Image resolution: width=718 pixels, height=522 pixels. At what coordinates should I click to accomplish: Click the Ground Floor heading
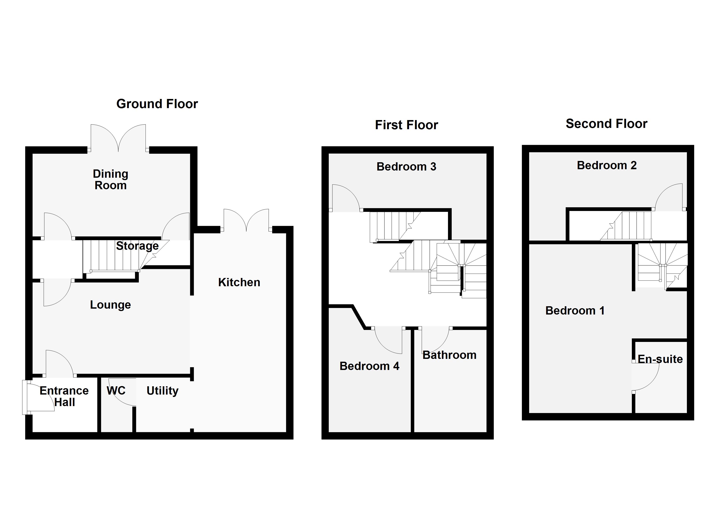coord(157,104)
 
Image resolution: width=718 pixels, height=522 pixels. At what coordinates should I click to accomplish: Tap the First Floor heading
coord(406,125)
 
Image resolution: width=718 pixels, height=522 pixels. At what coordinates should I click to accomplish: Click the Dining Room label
coord(111,179)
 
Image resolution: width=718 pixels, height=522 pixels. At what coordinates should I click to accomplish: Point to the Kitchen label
coord(239,282)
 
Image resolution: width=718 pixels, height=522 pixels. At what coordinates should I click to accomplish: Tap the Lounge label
coord(111,304)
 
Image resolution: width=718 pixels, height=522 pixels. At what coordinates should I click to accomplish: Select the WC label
coord(116,390)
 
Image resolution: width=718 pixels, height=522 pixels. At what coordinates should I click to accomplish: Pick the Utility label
coord(162,391)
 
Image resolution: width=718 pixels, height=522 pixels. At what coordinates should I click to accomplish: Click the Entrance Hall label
coord(64,396)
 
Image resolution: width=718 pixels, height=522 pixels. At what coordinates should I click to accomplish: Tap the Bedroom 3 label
coord(406,167)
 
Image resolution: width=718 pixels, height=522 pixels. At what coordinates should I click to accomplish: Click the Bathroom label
coord(449,355)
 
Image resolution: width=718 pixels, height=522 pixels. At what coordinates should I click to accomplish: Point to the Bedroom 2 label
coord(607,165)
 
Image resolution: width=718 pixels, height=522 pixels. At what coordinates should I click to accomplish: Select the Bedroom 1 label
coord(575,311)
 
